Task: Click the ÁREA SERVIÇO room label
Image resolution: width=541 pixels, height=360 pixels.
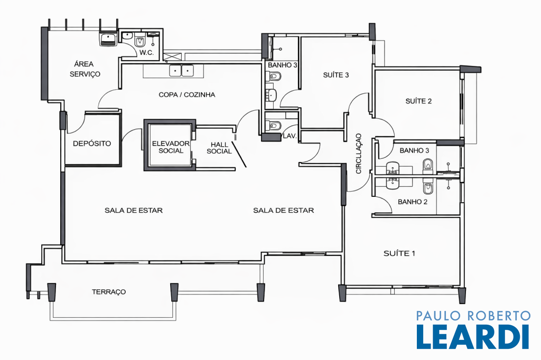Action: coord(85,69)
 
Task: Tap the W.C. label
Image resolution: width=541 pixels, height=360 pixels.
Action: coord(146,53)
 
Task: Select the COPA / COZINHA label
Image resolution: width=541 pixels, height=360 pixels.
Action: coord(186,94)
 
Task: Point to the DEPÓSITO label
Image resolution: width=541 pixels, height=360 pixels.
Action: coord(92,144)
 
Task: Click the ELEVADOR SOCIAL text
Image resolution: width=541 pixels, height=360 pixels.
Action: coord(171,147)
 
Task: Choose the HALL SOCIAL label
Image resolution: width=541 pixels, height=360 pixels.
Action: coord(219,148)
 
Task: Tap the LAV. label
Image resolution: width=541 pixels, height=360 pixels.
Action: coord(290,136)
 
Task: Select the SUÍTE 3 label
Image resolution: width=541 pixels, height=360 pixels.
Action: coord(335,75)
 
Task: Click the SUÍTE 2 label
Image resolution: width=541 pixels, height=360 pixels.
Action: coord(418,101)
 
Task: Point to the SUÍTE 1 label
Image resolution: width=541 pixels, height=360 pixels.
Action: coord(399,253)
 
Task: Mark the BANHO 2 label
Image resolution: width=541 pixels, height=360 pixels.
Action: coord(412,202)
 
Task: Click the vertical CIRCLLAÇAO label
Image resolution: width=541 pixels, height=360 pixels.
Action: coord(359,154)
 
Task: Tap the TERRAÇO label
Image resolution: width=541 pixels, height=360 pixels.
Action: coord(109,292)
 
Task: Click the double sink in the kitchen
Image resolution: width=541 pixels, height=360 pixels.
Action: coord(181,71)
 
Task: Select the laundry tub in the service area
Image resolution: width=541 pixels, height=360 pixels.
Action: coord(108,39)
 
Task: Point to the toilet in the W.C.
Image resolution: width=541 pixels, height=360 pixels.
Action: coord(139,41)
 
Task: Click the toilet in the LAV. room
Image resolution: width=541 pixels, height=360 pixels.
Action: coord(274,125)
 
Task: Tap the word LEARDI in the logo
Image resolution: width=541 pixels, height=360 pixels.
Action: coord(473,337)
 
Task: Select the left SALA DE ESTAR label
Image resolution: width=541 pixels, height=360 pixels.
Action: coord(134,210)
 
